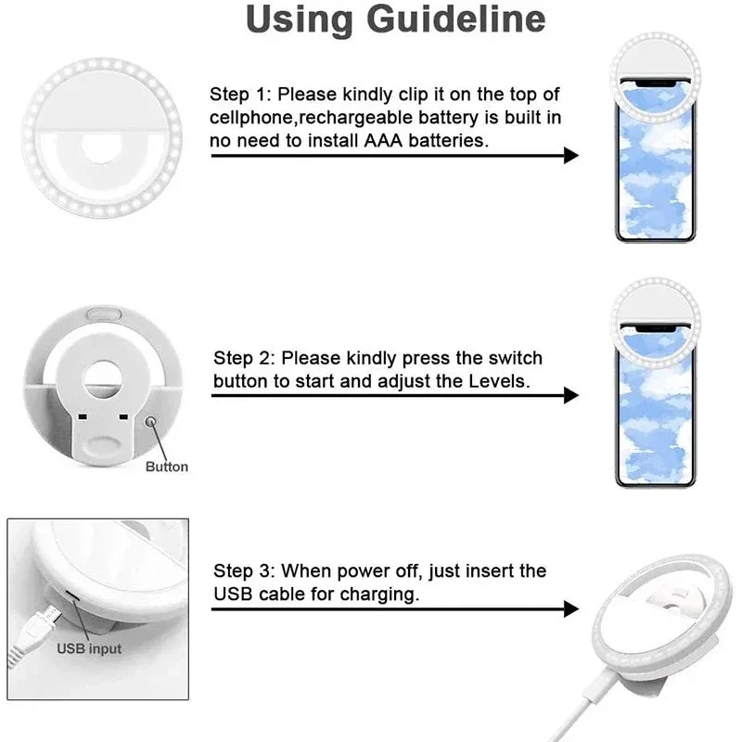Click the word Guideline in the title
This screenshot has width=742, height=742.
(x=444, y=20)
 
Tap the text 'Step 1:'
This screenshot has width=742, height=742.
(x=241, y=95)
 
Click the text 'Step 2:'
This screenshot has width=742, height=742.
(x=245, y=358)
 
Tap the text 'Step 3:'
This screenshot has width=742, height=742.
(x=245, y=571)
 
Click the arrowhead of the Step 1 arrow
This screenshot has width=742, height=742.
(x=570, y=155)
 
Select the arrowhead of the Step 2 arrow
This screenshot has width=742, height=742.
(x=570, y=395)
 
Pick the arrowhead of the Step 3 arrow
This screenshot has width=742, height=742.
(x=570, y=609)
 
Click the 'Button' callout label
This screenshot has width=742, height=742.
(x=167, y=467)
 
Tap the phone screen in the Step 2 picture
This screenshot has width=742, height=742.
(x=654, y=417)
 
